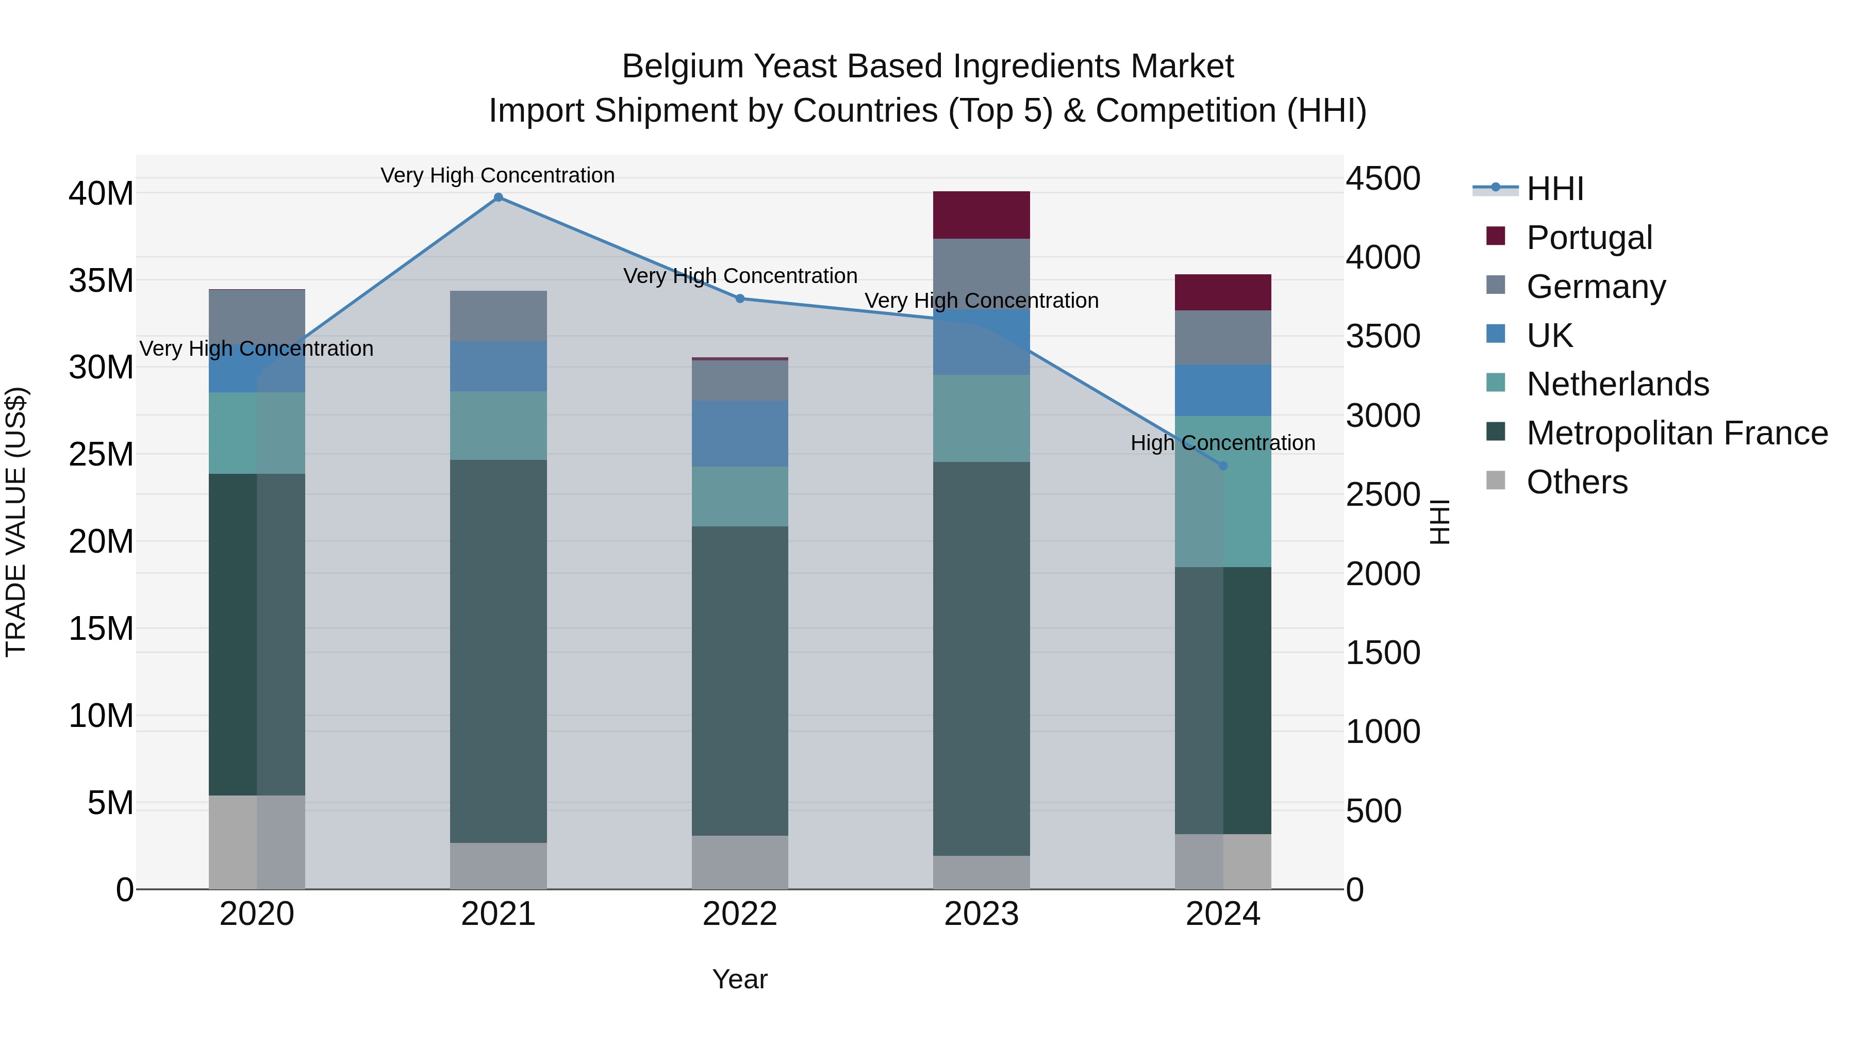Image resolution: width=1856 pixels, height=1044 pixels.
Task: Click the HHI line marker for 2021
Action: [x=498, y=197]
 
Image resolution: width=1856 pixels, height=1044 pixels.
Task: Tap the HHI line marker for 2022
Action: [x=740, y=299]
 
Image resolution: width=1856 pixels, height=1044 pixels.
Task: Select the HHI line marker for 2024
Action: [x=1223, y=466]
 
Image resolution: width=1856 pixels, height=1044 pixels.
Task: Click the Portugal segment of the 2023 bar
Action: [x=981, y=214]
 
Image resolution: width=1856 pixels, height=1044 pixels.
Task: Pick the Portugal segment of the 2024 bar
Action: [x=1223, y=292]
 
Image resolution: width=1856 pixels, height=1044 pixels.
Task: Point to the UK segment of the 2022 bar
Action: [x=740, y=434]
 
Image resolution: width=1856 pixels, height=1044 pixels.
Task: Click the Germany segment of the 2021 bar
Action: [x=498, y=316]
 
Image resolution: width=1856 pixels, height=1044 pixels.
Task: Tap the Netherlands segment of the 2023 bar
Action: [x=981, y=418]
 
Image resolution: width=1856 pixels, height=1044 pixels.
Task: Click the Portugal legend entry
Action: [x=1589, y=238]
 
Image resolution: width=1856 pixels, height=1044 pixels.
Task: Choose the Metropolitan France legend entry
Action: [x=1677, y=433]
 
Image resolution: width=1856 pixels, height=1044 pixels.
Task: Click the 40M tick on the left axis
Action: [x=101, y=194]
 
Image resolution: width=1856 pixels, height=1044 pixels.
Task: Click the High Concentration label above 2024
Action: [x=1223, y=442]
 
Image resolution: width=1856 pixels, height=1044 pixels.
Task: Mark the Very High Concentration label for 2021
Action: [x=498, y=175]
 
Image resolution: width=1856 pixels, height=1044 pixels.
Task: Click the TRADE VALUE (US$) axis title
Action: [x=16, y=522]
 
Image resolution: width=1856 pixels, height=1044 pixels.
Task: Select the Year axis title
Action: [x=740, y=979]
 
